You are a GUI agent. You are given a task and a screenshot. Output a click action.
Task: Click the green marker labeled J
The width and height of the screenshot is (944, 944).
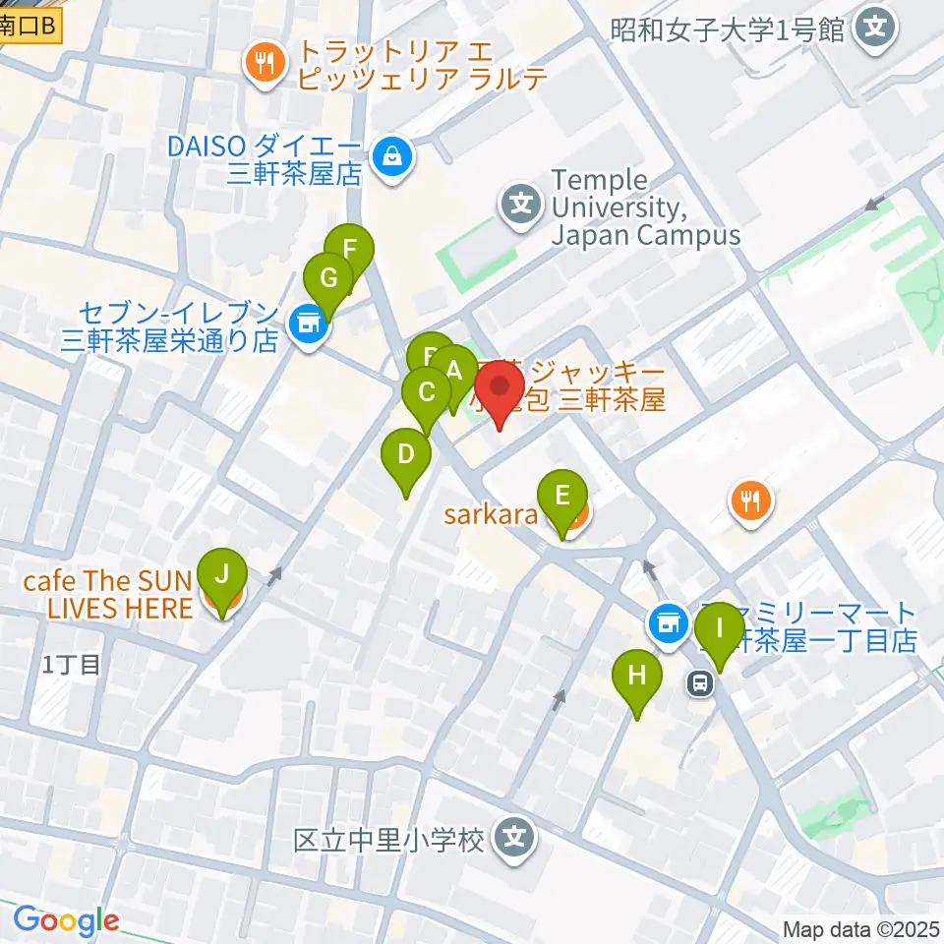pos(221,573)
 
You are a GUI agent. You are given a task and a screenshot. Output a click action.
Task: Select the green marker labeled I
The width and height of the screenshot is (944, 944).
pos(720,627)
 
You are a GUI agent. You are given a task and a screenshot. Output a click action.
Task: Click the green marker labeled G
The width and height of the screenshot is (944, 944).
pos(328,278)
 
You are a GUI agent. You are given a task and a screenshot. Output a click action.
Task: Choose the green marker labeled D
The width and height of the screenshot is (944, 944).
pos(406,455)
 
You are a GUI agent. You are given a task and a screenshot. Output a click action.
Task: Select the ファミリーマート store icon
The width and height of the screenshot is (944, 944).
pos(669,621)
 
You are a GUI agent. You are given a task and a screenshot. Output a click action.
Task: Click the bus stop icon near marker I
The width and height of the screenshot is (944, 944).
pos(700,682)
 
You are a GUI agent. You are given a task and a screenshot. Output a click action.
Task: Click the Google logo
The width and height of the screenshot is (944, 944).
pos(66,921)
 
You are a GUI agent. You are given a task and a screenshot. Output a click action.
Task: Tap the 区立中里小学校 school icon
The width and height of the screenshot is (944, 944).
pos(515,838)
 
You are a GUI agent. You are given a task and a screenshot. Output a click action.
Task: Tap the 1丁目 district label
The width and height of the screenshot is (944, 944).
pos(71,664)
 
